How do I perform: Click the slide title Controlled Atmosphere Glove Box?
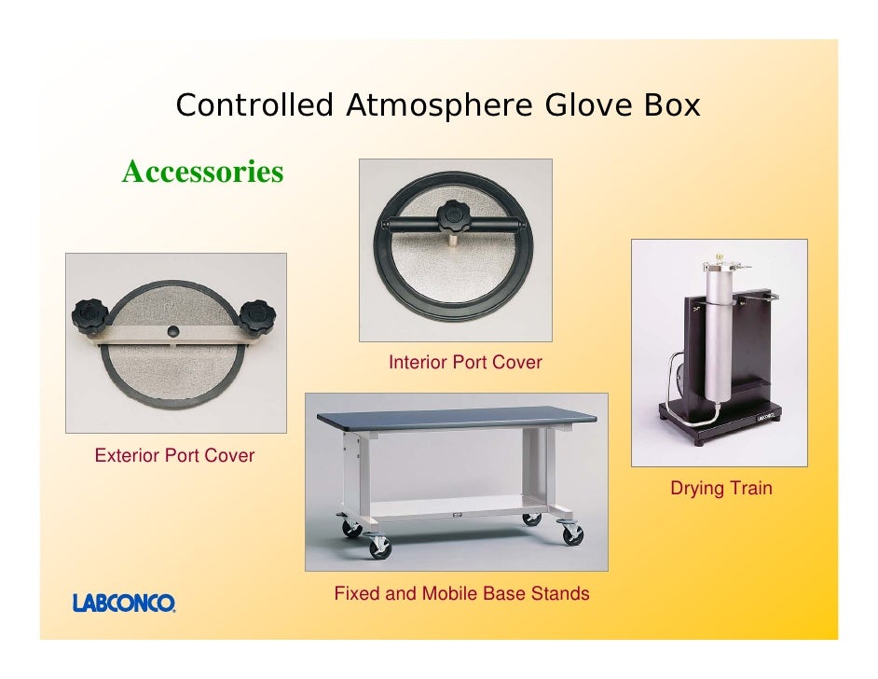pyautogui.click(x=437, y=105)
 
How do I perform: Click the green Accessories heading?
pyautogui.click(x=202, y=172)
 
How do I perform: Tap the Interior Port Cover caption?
pyautogui.click(x=464, y=362)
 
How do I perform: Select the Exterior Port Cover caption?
pyautogui.click(x=174, y=455)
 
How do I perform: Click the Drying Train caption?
pyautogui.click(x=720, y=488)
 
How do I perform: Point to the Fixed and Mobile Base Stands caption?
pyautogui.click(x=461, y=593)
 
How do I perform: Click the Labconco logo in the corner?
pyautogui.click(x=124, y=603)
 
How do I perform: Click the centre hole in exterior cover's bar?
pyautogui.click(x=173, y=332)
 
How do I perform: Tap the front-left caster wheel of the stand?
pyautogui.click(x=381, y=547)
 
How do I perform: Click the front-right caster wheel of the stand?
pyautogui.click(x=570, y=534)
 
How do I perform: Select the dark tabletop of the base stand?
pyautogui.click(x=457, y=421)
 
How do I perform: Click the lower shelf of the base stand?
pyautogui.click(x=447, y=509)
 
